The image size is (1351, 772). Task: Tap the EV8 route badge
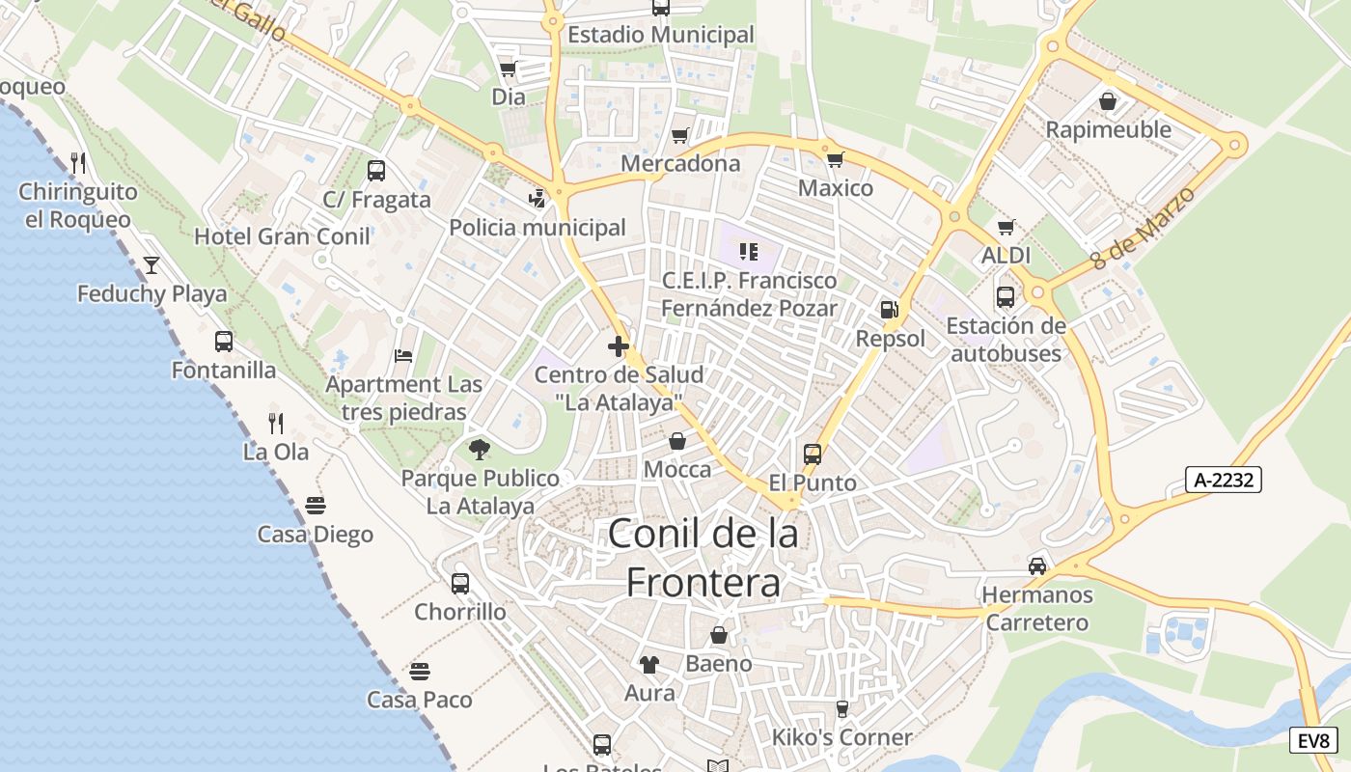point(1314,741)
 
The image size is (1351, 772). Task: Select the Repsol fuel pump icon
point(890,310)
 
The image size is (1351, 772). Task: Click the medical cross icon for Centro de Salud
point(619,345)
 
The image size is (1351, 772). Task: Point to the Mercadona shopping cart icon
point(680,135)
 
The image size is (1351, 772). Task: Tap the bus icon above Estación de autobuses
point(1005,296)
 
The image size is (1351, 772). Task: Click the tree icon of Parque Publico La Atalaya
point(479,449)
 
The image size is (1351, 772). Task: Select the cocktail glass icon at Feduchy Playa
point(152,264)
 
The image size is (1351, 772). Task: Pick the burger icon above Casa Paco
point(419,671)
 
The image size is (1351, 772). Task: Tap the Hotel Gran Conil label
point(282,236)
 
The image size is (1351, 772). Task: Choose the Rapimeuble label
point(1108,129)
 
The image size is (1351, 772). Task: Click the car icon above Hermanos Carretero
point(1037,565)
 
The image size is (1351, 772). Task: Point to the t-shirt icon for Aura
point(649,664)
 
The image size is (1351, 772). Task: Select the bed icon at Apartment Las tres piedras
point(403,356)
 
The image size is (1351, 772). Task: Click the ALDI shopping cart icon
point(1006,227)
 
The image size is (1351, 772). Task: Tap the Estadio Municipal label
point(661,35)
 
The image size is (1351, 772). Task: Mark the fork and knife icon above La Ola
point(276,423)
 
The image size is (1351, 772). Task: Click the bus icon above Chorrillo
point(460,583)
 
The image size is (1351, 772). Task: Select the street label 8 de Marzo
point(1143,228)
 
